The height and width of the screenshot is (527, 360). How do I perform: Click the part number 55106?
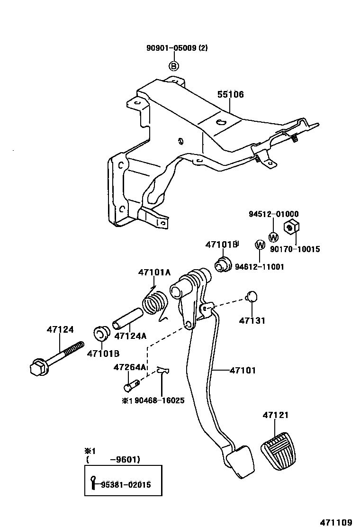[x=230, y=95]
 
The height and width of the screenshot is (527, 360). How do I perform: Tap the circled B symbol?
[x=174, y=66]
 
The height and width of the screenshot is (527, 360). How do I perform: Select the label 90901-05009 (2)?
[x=177, y=48]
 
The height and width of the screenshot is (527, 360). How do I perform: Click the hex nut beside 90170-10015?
[x=290, y=227]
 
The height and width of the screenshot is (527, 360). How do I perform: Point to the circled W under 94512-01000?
[x=273, y=237]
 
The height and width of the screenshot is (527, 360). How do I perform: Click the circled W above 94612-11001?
[x=260, y=245]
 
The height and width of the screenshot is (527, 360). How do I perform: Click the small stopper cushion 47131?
[x=252, y=296]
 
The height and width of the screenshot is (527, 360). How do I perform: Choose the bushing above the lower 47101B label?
[x=101, y=334]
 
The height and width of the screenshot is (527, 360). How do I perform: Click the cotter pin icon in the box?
[x=94, y=482]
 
